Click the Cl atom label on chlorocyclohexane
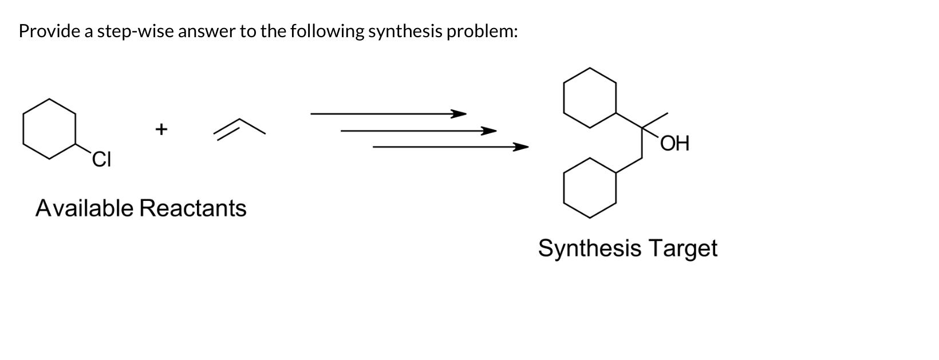click(101, 159)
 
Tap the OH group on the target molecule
click(675, 143)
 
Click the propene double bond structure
click(239, 128)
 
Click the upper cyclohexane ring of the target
click(590, 97)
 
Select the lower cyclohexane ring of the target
click(590, 188)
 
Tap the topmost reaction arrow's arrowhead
click(458, 114)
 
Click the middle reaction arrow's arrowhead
click(488, 131)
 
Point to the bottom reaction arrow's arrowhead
click(520, 147)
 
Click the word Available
click(84, 208)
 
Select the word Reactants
click(193, 208)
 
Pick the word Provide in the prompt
click(50, 31)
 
